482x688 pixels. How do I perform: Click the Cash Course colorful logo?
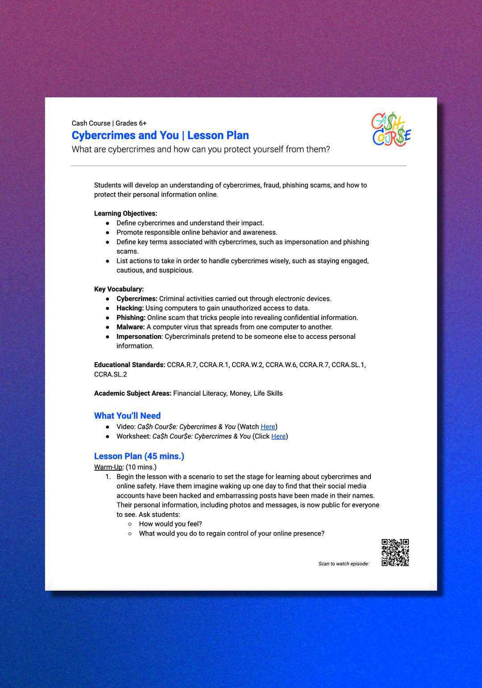pos(391,129)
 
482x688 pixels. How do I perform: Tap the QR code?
pos(395,552)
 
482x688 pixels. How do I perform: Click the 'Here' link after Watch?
pos(268,427)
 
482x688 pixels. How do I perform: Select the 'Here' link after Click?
pos(278,436)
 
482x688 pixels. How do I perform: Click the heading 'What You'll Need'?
pos(127,415)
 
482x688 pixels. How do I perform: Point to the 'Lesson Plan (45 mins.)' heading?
pos(139,456)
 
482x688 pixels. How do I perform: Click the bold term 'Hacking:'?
pos(130,308)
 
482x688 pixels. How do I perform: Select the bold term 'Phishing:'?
pos(131,317)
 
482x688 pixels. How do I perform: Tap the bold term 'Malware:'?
pos(130,327)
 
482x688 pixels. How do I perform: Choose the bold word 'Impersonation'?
pos(139,336)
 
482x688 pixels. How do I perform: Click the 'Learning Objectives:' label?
pos(125,213)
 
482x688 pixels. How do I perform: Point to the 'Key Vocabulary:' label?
pos(119,289)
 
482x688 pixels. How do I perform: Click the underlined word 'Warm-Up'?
pos(108,467)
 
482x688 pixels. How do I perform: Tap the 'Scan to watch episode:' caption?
pos(344,564)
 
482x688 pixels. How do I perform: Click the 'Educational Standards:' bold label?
pos(129,365)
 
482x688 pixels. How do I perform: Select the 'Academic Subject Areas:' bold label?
pos(133,393)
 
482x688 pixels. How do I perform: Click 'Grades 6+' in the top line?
pos(131,123)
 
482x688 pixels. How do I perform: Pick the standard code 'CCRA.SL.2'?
pos(110,374)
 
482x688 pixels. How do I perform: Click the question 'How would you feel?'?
pos(170,524)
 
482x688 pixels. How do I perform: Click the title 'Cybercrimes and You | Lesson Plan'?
pos(160,135)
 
